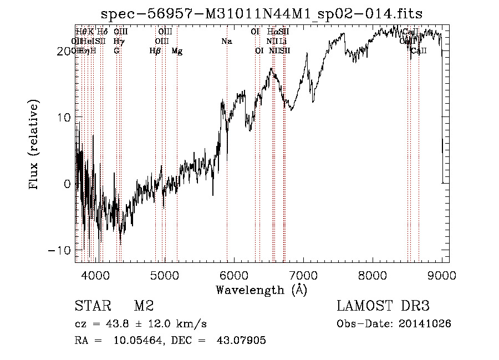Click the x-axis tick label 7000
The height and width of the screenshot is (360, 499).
coord(303,276)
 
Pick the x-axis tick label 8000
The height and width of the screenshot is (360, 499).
coord(373,276)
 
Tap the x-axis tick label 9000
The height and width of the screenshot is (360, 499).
coord(442,276)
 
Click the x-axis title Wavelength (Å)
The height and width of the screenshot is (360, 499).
coord(261,290)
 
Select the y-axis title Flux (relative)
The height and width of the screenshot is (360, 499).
coord(34,145)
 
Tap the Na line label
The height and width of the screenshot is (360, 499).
coord(226,42)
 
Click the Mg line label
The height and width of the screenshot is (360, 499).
coord(177,51)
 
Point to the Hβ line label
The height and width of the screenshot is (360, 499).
coord(155,51)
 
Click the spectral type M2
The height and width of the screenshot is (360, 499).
coord(144,306)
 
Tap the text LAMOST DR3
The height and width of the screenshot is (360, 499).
coord(383,306)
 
